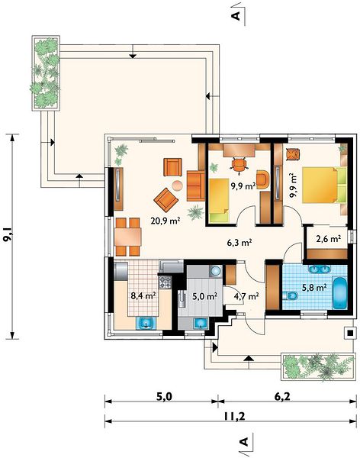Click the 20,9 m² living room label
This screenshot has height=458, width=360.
point(165,221)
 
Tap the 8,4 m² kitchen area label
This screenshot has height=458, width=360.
point(143,296)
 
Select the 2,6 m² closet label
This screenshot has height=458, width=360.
point(329,239)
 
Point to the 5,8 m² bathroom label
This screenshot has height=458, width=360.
point(314,288)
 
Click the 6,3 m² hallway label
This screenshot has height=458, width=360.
point(239,243)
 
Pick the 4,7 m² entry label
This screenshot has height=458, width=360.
point(246,296)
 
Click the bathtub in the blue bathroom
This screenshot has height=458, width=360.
point(340,293)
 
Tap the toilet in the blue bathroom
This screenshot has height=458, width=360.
point(290,296)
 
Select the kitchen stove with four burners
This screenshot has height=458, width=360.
point(165,281)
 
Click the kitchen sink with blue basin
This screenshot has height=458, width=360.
point(146,323)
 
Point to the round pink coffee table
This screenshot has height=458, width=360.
point(177,185)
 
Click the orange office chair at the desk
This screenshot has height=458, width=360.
point(239,164)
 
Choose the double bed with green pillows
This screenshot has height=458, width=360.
point(324,185)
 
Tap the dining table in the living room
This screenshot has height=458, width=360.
point(128,237)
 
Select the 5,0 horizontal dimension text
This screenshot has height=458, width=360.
point(165,397)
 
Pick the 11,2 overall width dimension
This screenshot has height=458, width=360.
point(234,416)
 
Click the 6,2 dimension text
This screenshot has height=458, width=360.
point(282,396)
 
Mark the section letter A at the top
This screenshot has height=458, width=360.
point(236,15)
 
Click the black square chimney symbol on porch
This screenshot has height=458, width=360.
point(351,332)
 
